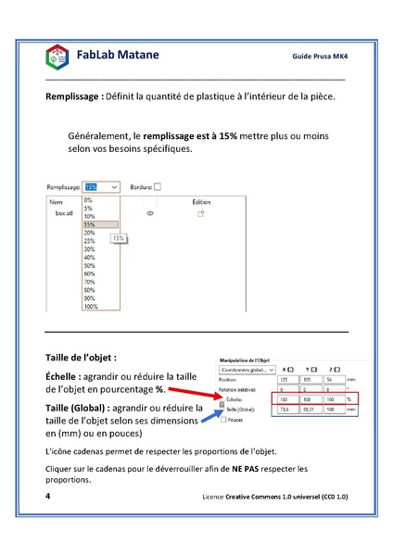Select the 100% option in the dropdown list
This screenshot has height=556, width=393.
[90, 306]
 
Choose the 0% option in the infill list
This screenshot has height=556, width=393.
[88, 199]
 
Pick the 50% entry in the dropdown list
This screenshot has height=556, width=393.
[89, 266]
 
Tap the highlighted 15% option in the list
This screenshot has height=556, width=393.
[89, 224]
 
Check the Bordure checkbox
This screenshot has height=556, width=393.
[158, 186]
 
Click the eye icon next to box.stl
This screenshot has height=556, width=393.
[150, 212]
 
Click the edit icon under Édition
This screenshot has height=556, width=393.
[199, 212]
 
